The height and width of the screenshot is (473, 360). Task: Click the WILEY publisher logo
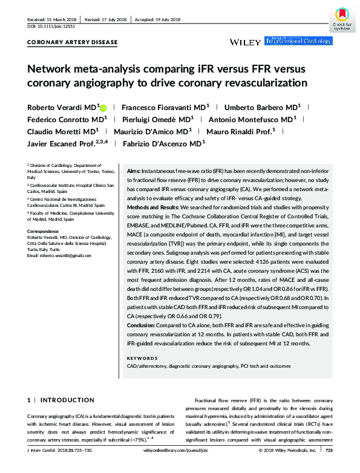245,42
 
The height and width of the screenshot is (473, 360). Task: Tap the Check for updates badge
341,19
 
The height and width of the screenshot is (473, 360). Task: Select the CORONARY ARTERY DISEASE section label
73,43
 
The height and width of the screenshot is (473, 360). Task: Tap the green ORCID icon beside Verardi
103,107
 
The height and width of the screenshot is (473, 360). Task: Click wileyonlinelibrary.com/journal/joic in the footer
180,467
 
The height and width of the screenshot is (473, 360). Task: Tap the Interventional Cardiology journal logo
298,41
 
